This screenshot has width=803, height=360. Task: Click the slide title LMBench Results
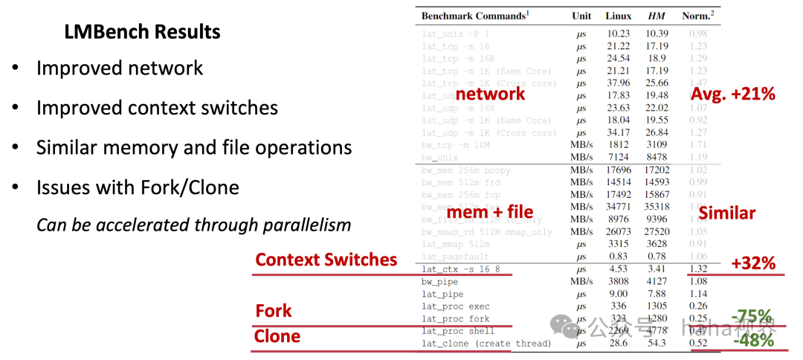point(142,33)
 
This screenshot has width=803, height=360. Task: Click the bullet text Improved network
point(120,68)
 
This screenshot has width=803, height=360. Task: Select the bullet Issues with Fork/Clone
point(138,187)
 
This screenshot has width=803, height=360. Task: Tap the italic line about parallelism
point(193,225)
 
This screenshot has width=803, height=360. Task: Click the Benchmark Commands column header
point(474,16)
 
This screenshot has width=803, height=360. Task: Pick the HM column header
point(657,16)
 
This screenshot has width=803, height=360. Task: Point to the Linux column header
point(618,16)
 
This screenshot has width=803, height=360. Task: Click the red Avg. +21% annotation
point(732,94)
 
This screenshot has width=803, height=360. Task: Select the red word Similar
point(726,213)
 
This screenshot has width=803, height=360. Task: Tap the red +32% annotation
point(752,263)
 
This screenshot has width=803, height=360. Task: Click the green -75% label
point(752,315)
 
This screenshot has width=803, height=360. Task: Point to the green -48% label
point(752,340)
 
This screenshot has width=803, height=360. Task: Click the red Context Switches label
point(326,260)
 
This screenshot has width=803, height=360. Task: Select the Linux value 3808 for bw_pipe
point(618,282)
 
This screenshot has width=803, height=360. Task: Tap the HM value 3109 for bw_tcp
point(657,145)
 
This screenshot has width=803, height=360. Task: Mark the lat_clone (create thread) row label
point(486,344)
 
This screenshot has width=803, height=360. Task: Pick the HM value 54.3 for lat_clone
point(657,344)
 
